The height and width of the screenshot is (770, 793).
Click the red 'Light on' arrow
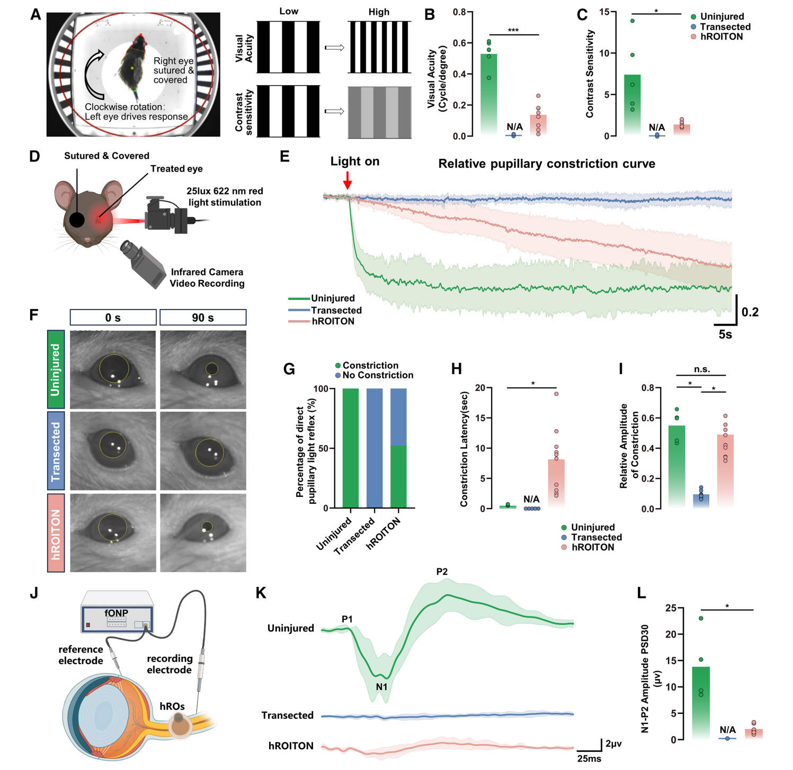348,180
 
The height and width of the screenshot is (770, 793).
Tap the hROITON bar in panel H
556,484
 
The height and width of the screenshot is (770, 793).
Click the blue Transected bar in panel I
701,501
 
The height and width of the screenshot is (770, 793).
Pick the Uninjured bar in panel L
701,703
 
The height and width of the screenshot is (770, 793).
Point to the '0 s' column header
113,318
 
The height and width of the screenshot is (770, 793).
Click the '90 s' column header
203,318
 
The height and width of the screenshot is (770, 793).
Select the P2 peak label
442,572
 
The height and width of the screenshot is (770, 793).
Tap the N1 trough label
381,686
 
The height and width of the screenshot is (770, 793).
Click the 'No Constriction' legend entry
374,375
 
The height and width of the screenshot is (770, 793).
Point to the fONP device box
117,613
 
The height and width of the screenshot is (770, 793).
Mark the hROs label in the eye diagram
172,706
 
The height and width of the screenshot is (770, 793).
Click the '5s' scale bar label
725,334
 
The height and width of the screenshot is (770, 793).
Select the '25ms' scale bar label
589,758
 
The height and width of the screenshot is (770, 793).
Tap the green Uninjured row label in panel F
56,369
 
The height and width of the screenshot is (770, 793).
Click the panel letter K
261,593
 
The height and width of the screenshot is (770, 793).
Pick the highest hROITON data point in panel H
556,394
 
